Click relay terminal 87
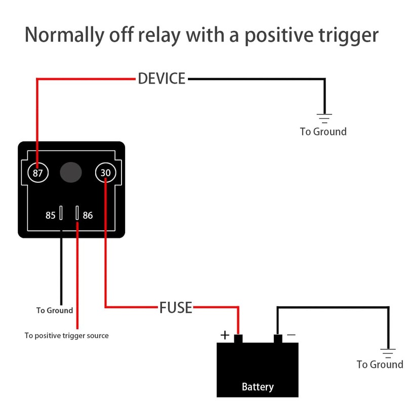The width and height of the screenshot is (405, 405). click(38, 173)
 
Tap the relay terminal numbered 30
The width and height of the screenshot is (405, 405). click(106, 173)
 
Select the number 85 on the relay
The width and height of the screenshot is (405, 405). click(50, 215)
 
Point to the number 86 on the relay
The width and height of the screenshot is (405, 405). click(88, 215)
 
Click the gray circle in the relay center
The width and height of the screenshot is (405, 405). click(71, 173)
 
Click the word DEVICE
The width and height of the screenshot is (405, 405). click(161, 79)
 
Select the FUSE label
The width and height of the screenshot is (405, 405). click(176, 307)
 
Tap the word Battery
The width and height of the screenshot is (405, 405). click(258, 387)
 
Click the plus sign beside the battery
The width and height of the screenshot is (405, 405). click(225, 335)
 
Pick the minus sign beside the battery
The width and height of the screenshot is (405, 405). click(291, 335)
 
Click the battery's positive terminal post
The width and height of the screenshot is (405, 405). click(238, 339)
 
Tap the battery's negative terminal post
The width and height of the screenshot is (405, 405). click(277, 339)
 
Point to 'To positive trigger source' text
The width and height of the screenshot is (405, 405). click(66, 336)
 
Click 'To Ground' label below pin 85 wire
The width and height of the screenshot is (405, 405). click(55, 310)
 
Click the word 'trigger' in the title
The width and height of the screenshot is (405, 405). click(344, 35)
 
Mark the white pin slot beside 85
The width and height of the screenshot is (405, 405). click(61, 213)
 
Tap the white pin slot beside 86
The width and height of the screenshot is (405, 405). click(77, 213)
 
